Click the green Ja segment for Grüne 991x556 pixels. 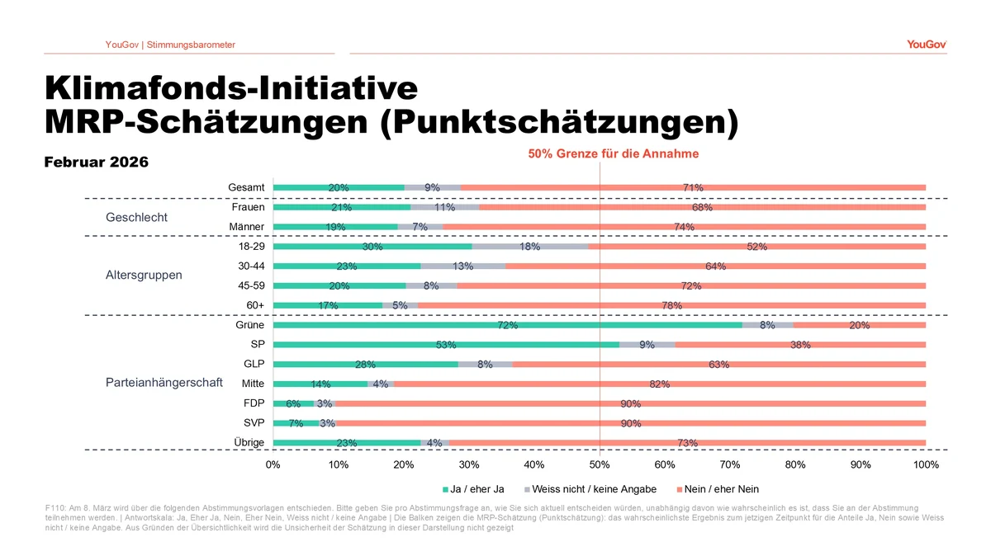507,325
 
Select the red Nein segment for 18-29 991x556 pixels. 756,246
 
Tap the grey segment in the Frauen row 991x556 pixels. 444,207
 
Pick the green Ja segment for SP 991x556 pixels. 446,344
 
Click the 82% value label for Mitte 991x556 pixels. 659,384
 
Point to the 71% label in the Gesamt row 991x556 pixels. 693,187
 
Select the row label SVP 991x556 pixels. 254,423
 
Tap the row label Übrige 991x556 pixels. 249,443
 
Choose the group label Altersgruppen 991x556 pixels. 144,275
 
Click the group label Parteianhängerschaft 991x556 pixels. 164,384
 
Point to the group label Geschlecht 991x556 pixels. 136,218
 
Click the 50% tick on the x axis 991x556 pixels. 600,464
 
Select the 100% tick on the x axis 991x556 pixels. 926,464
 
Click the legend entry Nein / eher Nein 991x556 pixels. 721,489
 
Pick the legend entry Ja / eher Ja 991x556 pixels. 477,489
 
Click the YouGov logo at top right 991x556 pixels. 926,45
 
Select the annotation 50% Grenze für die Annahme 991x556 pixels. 613,153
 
